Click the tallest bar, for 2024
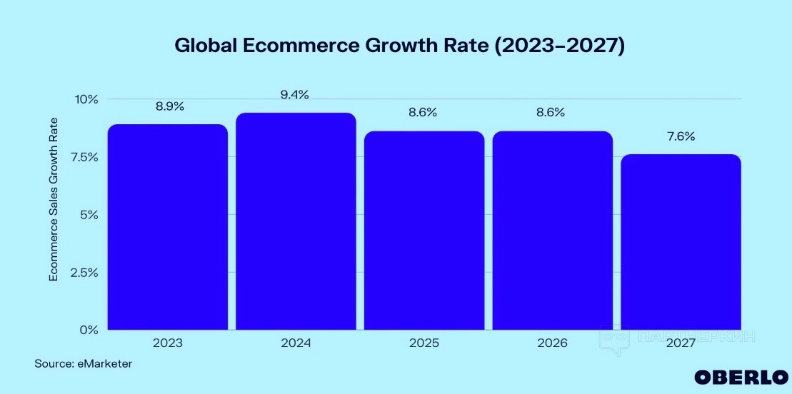click(296, 221)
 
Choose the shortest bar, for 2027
click(681, 242)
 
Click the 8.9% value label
click(169, 106)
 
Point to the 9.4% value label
click(294, 95)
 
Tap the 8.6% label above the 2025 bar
click(423, 113)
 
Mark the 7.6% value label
click(681, 136)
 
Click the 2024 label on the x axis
click(296, 343)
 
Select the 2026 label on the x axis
click(552, 343)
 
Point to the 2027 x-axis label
click(681, 343)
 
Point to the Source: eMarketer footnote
click(84, 364)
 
